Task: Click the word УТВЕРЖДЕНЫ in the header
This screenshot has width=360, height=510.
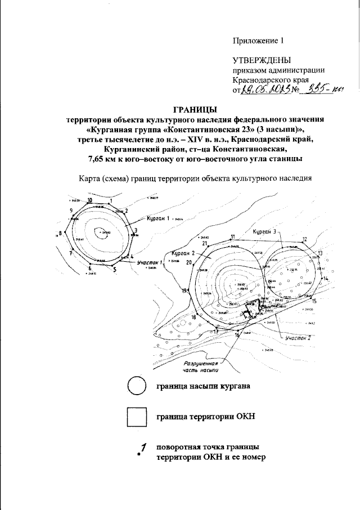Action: [x=262, y=60]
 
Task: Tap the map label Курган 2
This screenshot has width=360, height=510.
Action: [x=184, y=254]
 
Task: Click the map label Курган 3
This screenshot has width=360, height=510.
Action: [x=266, y=231]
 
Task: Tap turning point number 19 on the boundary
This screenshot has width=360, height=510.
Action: [x=184, y=290]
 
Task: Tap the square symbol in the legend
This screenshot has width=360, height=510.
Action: [x=136, y=417]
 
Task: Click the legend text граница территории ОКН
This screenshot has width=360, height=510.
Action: [x=205, y=417]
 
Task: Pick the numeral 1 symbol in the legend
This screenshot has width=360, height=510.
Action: [x=143, y=448]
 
